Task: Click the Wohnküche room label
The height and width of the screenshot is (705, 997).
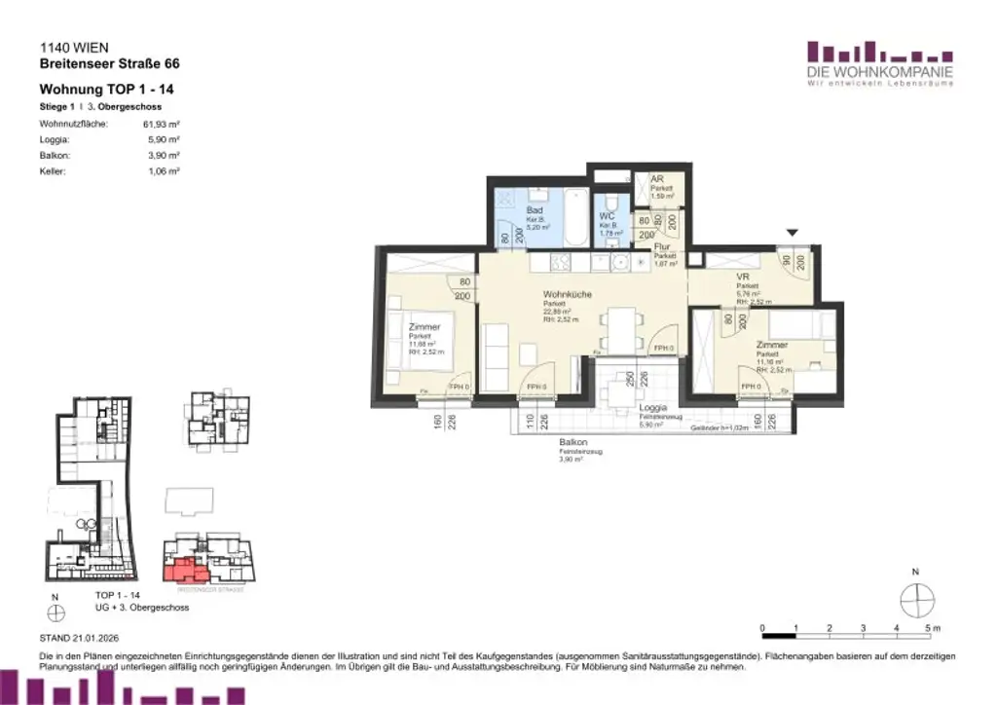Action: click(x=568, y=294)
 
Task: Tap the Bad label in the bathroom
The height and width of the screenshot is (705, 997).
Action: click(x=534, y=209)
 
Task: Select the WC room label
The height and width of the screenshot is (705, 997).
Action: click(x=607, y=215)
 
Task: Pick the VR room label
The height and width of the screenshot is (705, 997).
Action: click(x=743, y=276)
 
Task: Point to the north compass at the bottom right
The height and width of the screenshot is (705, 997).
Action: click(x=916, y=600)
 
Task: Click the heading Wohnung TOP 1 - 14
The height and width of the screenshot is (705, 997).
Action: click(x=107, y=89)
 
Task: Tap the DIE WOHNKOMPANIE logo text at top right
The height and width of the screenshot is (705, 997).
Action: click(x=879, y=73)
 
